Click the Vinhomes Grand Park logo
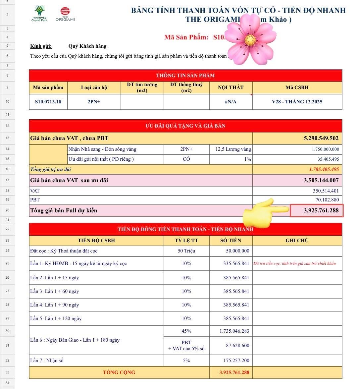click(x=39, y=14)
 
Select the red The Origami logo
click(x=65, y=15)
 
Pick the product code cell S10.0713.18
click(x=48, y=102)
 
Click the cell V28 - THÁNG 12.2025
click(x=297, y=102)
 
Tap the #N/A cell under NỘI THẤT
click(x=231, y=102)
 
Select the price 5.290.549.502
click(x=321, y=138)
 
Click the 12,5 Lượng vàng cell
click(x=233, y=149)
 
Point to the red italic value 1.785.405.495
click(x=324, y=169)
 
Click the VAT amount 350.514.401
click(x=326, y=191)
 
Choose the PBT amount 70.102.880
click(x=327, y=200)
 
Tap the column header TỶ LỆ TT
click(x=186, y=241)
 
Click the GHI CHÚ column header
click(x=297, y=241)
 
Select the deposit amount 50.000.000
click(x=237, y=251)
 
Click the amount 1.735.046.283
click(x=234, y=331)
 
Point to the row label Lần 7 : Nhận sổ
click(x=47, y=361)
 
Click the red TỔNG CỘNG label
click(x=119, y=372)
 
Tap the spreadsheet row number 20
click(x=7, y=210)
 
